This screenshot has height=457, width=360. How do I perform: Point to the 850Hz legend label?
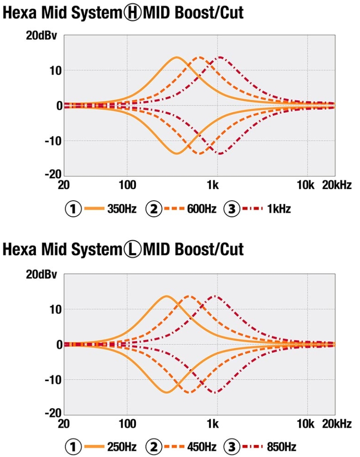(x=281, y=446)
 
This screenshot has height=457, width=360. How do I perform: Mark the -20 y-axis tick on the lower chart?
(x=53, y=413)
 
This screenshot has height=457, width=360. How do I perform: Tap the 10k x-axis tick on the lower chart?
(x=306, y=423)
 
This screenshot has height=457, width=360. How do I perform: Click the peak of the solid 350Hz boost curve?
(x=177, y=57)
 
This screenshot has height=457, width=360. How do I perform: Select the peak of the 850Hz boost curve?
(x=216, y=296)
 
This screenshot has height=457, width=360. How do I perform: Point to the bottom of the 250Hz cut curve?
(x=166, y=392)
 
